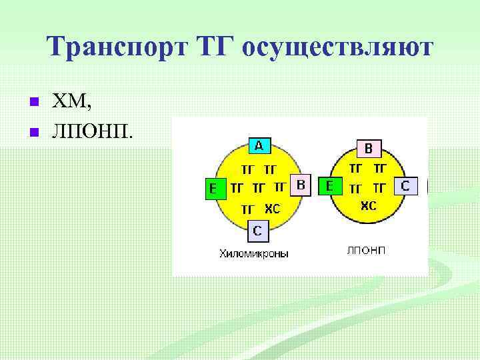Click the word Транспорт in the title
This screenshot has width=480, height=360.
point(113,47)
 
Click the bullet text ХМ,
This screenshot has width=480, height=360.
point(73,102)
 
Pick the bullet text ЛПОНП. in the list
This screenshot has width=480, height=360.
point(93,129)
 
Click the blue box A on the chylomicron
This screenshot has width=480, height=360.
point(258,145)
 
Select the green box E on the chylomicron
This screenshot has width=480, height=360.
point(213,189)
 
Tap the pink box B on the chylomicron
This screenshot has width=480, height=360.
point(301,185)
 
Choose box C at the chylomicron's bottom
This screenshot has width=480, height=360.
point(258,231)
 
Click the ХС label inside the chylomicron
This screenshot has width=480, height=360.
point(272,209)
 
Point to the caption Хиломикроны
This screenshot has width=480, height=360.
point(254,254)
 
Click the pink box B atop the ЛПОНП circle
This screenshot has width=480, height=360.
point(368,148)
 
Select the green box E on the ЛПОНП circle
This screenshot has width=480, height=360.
point(330,186)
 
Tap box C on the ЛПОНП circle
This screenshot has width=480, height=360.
point(405,186)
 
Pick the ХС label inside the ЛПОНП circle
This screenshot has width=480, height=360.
point(368,206)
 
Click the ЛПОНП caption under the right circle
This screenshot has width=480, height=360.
point(366,251)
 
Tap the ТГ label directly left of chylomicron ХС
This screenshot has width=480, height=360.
point(247,209)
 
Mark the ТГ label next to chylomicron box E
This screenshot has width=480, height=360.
point(237,188)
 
